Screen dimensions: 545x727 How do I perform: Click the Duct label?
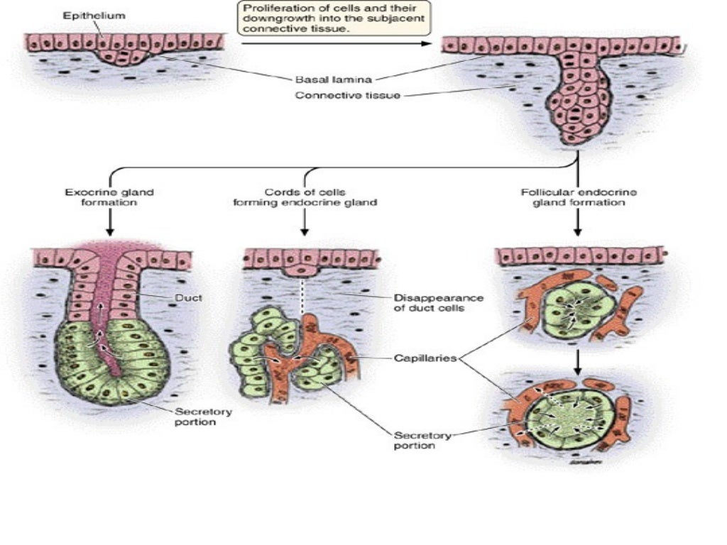[190, 299]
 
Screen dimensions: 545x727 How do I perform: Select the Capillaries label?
[425, 358]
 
